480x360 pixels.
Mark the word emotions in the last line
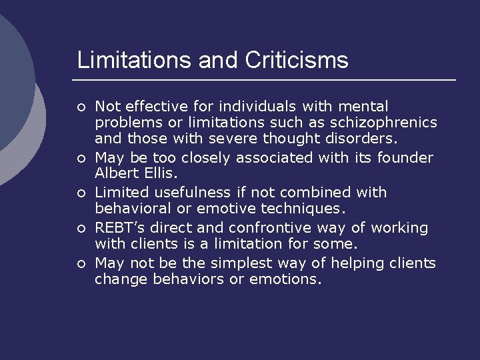(285, 280)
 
